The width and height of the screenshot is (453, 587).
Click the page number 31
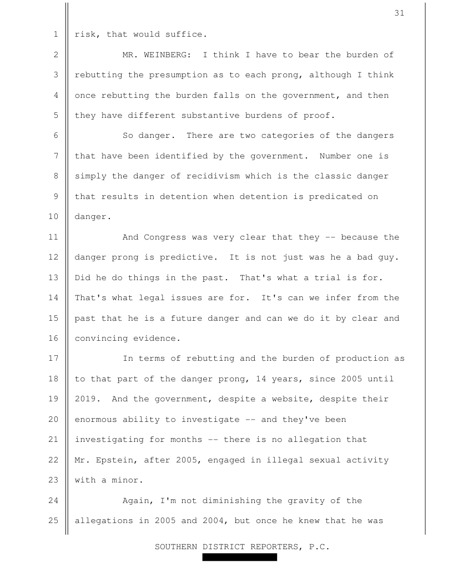pos(400,13)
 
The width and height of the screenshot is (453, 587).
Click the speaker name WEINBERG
pos(168,54)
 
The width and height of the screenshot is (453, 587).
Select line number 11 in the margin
pos(56,237)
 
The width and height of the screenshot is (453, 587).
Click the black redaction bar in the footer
pos(239,557)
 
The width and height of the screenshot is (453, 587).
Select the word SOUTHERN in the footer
pos(176,546)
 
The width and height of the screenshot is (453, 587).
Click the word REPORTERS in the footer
pos(275,546)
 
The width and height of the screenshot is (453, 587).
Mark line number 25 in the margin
pos(56,521)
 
